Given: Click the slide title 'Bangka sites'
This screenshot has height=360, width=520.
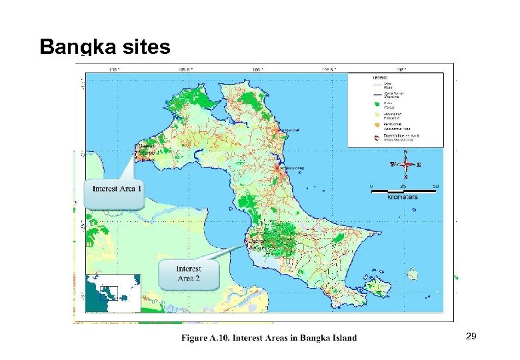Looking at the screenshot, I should pyautogui.click(x=105, y=47).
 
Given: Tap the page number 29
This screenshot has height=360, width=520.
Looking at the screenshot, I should pyautogui.click(x=471, y=338).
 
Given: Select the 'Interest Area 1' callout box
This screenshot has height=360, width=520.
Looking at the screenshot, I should pyautogui.click(x=117, y=189).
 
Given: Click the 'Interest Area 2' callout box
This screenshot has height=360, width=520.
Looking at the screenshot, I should pyautogui.click(x=189, y=273).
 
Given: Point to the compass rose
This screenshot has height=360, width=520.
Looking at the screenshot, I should pyautogui.click(x=406, y=164).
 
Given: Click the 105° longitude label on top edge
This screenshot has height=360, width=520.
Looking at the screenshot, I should pyautogui.click(x=114, y=69).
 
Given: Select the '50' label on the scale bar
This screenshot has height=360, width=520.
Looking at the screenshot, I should pyautogui.click(x=435, y=185).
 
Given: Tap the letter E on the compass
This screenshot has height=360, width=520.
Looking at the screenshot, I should pyautogui.click(x=419, y=164).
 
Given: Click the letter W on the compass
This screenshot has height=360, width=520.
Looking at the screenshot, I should pyautogui.click(x=393, y=164).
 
